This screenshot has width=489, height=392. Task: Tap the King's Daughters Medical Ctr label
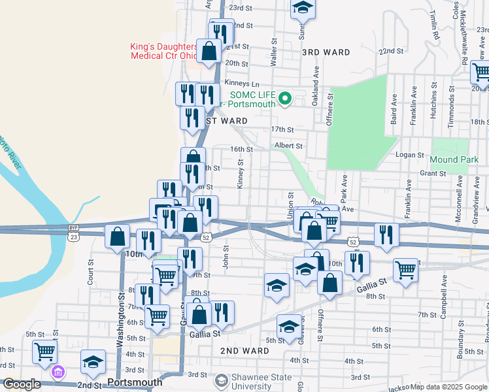point(164,52)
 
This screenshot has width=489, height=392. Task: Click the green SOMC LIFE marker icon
point(284,99)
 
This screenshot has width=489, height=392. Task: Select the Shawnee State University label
point(262,384)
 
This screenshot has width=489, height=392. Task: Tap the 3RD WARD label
point(326,52)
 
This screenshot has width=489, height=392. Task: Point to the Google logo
point(21,385)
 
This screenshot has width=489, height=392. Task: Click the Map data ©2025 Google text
point(448,387)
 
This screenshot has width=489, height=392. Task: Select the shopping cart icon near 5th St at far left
point(45,351)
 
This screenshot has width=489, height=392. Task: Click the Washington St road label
point(121,320)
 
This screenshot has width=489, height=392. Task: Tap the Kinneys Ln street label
point(242,83)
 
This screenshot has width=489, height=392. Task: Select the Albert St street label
point(289,146)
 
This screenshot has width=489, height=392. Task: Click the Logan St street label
point(410,155)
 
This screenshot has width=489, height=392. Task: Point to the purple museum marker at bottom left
point(58,372)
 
